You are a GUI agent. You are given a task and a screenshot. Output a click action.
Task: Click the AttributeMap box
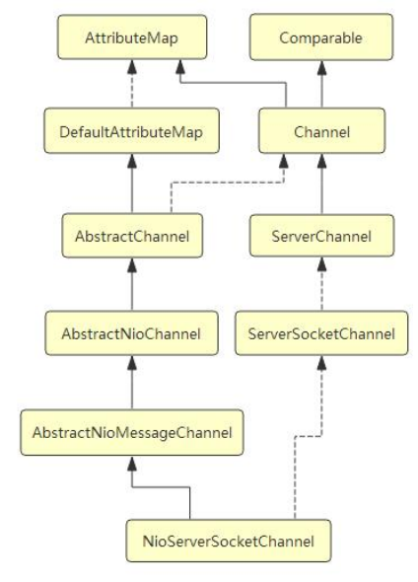pyautogui.click(x=132, y=37)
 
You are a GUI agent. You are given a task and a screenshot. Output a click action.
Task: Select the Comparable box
pyautogui.click(x=321, y=37)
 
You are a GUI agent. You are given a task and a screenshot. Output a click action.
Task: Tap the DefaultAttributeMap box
pyautogui.click(x=132, y=130)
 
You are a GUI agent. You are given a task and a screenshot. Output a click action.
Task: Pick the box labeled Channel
pyautogui.click(x=322, y=130)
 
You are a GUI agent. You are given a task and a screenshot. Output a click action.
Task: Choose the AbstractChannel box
pyautogui.click(x=132, y=236)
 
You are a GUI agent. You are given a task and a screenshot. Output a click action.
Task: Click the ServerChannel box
pyautogui.click(x=322, y=236)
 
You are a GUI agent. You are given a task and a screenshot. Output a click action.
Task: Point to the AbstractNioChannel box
pyautogui.click(x=132, y=333)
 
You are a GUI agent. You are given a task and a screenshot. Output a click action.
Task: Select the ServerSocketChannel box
pyautogui.click(x=321, y=333)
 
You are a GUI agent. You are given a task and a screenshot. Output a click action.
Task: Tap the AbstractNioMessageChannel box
pyautogui.click(x=132, y=432)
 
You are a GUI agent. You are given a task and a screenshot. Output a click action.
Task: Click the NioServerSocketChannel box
pyautogui.click(x=229, y=541)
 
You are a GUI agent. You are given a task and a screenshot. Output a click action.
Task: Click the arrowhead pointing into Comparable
pyautogui.click(x=322, y=67)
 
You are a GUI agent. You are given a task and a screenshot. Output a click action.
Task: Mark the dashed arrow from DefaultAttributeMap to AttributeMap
pyautogui.click(x=132, y=84)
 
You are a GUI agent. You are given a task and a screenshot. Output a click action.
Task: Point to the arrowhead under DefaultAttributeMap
pyautogui.click(x=132, y=161)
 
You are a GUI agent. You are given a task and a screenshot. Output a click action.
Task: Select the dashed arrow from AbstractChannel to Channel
pyautogui.click(x=227, y=182)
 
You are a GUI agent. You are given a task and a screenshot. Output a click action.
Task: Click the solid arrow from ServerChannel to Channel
pyautogui.click(x=322, y=183)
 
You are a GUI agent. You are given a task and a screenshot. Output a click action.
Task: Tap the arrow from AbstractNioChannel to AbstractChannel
pyautogui.click(x=132, y=284)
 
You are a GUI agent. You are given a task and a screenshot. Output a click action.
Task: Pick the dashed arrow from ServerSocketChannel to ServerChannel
pyautogui.click(x=322, y=283)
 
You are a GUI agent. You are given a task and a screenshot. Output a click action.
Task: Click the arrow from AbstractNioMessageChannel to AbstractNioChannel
pyautogui.click(x=132, y=383)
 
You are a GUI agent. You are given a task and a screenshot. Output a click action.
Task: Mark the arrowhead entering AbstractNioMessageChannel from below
pyautogui.click(x=132, y=463)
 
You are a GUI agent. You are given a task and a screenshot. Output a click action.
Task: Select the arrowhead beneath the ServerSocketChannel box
pyautogui.click(x=322, y=363)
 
